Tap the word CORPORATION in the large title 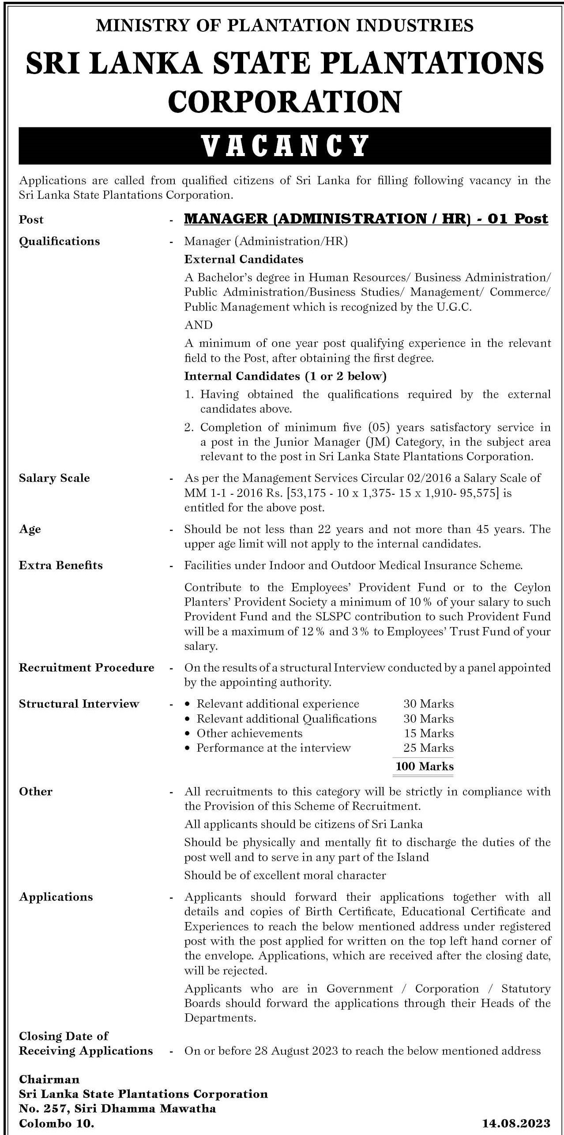(x=285, y=101)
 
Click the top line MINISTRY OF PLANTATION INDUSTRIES (x=285, y=25)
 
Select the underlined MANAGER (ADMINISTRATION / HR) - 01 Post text (x=366, y=219)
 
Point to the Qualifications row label (x=60, y=241)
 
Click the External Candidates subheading (x=244, y=259)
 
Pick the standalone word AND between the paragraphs (x=199, y=325)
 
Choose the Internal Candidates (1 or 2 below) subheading (x=285, y=376)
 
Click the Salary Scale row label (x=54, y=478)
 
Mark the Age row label (x=30, y=529)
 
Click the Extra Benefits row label (x=61, y=565)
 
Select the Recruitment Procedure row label (x=86, y=668)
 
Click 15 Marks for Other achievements (x=429, y=733)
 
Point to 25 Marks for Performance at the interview (x=429, y=748)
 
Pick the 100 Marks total (x=425, y=766)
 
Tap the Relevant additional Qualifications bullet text (x=286, y=719)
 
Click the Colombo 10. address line (x=56, y=1123)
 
